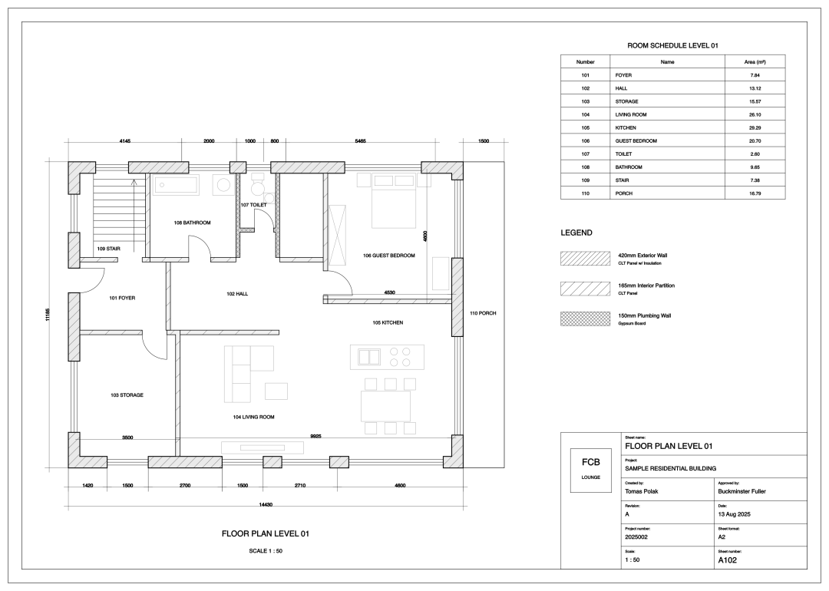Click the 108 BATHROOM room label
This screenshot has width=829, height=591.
(x=192, y=223)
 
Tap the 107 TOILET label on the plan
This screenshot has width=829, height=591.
(x=254, y=205)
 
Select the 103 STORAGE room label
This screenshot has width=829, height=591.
(x=127, y=395)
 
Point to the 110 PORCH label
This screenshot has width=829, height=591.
(x=484, y=313)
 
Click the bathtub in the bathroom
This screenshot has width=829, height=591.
(x=176, y=186)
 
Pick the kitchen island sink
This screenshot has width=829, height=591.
(x=369, y=358)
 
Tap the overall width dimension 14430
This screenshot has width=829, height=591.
(x=266, y=504)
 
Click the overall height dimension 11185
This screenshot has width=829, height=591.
(x=48, y=315)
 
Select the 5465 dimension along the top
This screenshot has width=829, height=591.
(x=360, y=141)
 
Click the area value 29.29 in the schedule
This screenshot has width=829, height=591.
(x=755, y=127)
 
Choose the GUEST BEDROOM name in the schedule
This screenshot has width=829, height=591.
(x=636, y=140)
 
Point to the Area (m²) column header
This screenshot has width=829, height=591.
(x=755, y=62)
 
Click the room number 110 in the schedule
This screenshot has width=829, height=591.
(x=585, y=193)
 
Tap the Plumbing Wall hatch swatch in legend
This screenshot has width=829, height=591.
(x=585, y=319)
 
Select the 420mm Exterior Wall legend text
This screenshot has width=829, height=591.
(x=642, y=256)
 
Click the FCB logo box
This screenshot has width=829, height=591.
(x=590, y=470)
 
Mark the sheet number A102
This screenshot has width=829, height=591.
(x=727, y=560)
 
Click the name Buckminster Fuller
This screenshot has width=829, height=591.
(x=741, y=491)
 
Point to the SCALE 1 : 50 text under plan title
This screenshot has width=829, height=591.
(x=266, y=551)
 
